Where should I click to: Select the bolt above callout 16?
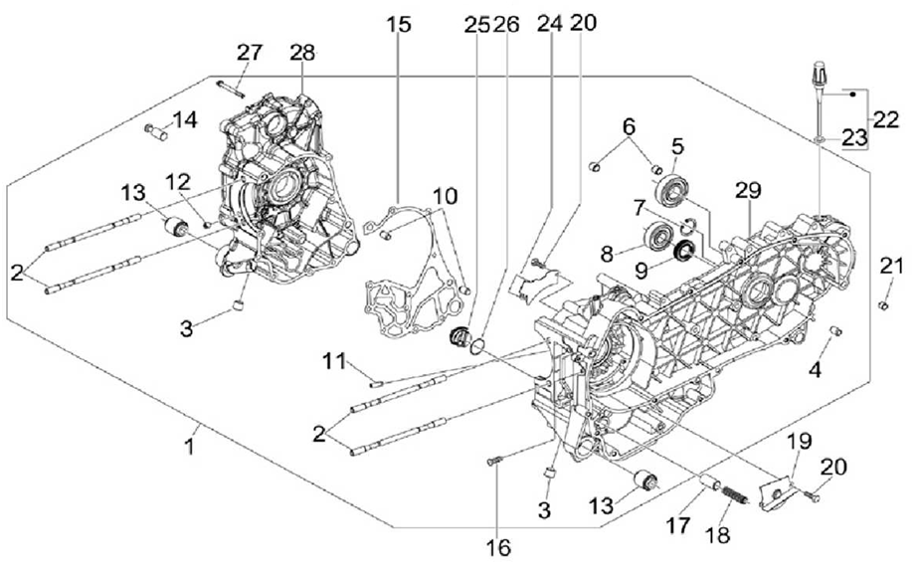pos(495,460)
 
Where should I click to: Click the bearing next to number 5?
pos(675,188)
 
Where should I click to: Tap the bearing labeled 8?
pos(656,239)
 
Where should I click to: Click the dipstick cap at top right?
pos(819,73)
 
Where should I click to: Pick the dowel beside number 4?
pos(836,329)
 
